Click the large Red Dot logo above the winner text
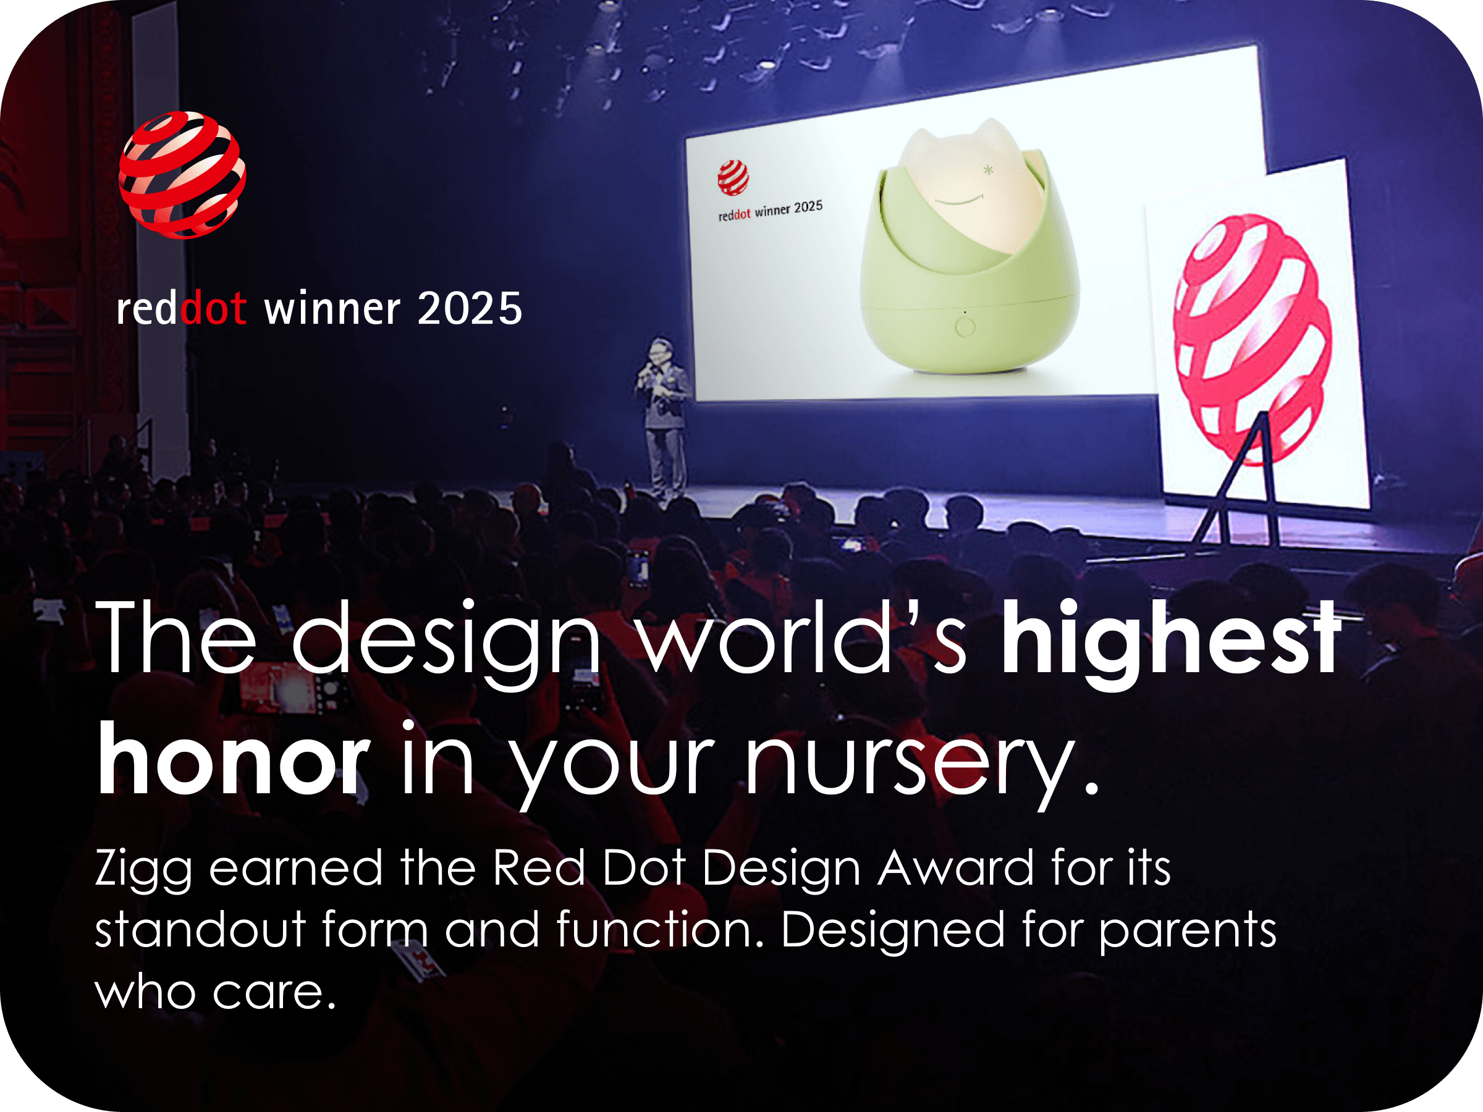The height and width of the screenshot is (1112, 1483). (x=182, y=175)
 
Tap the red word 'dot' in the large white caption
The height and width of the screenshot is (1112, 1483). (x=213, y=308)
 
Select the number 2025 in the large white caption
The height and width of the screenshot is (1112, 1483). (x=469, y=309)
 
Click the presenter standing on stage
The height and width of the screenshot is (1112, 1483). (x=662, y=419)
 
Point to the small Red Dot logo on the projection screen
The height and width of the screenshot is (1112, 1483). (x=733, y=178)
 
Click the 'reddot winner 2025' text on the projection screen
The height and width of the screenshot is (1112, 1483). (x=771, y=210)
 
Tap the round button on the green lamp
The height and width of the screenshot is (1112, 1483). (x=965, y=327)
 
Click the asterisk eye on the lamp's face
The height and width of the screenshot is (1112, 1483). (x=987, y=171)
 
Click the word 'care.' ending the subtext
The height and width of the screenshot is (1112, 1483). (x=274, y=992)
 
